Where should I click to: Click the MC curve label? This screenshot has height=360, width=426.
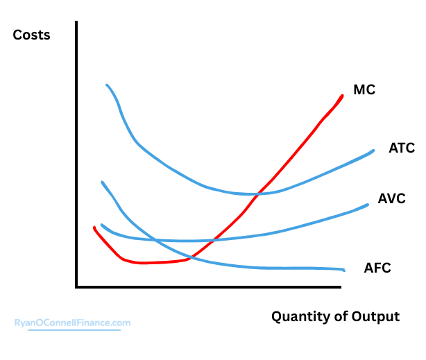tap(364, 89)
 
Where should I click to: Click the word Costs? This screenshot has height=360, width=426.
tap(32, 35)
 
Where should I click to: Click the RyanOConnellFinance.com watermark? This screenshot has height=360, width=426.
tap(72, 323)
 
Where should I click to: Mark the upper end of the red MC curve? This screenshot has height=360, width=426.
tap(343, 96)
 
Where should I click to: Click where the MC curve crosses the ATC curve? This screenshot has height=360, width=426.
tap(258, 193)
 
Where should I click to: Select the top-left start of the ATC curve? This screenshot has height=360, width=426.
tap(107, 85)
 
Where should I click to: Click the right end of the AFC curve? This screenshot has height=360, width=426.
tap(344, 269)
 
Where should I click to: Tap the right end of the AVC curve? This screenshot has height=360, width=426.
tap(368, 204)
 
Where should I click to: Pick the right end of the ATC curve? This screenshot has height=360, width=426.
tap(373, 151)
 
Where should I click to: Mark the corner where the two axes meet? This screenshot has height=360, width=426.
tap(77, 286)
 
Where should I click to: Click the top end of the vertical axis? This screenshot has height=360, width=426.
tap(77, 22)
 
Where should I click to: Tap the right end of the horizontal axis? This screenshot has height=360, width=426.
tap(342, 286)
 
